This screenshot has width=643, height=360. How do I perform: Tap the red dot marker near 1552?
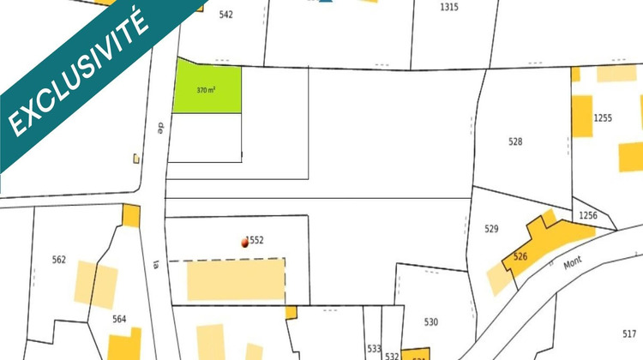point(245,243)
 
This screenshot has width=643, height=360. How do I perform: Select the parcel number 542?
point(226,15)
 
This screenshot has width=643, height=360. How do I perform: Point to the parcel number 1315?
point(448,7)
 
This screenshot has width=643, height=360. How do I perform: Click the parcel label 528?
point(515,142)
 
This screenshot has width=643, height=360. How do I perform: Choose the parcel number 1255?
point(603,118)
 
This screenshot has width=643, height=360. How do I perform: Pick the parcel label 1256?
point(588,215)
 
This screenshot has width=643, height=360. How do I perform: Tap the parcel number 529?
point(491,229)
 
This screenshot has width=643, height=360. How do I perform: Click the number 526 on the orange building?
point(520,256)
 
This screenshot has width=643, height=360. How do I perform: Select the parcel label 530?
point(431,321)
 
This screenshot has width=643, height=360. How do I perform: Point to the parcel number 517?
point(630,333)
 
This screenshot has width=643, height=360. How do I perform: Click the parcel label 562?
point(59,260)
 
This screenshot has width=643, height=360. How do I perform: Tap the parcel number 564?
point(119,319)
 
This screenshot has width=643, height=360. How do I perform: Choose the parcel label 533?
point(374,348)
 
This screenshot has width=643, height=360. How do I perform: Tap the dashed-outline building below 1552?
point(236,279)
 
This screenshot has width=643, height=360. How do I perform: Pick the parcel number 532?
point(392,355)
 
